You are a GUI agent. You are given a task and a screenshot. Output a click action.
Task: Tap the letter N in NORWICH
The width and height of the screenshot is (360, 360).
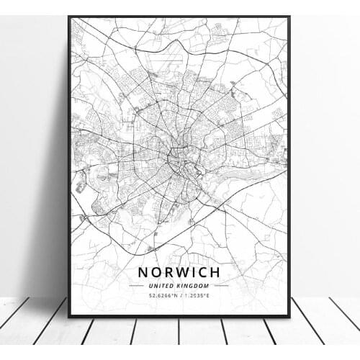(141, 274)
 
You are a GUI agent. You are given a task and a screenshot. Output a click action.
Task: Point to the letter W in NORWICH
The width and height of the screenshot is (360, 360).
(180, 274)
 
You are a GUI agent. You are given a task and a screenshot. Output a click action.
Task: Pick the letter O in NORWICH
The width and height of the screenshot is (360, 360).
(154, 274)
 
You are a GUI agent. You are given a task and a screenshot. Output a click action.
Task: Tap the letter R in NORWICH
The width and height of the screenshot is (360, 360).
(166, 274)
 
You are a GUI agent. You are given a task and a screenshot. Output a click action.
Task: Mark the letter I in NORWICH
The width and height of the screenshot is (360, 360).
(193, 274)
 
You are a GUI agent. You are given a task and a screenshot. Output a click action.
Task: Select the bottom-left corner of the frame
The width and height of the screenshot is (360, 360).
(69, 316)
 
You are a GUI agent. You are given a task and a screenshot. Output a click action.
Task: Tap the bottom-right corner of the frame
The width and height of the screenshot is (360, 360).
(289, 316)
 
